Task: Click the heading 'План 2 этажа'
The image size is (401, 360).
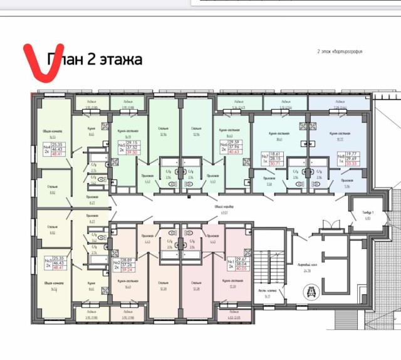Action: pos(94,60)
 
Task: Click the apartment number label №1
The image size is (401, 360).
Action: pos(230,261)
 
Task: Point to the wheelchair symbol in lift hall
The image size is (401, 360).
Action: pos(311,291)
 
